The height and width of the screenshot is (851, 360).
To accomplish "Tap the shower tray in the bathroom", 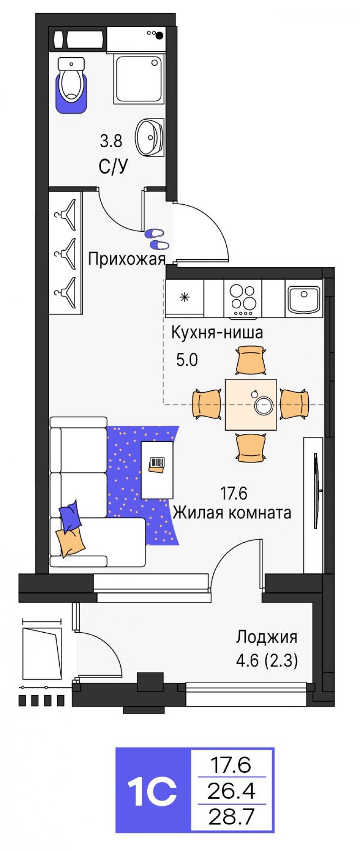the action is (139, 79).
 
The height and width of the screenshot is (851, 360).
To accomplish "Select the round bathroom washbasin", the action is (149, 138).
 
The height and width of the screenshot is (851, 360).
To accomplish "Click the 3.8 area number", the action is (111, 142).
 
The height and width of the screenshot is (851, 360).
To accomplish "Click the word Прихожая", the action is (126, 259).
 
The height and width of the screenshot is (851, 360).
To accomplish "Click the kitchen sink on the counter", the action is (304, 299).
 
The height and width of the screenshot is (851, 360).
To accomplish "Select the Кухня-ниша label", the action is (217, 333).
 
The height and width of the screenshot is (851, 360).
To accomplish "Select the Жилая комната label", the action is (232, 513).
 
